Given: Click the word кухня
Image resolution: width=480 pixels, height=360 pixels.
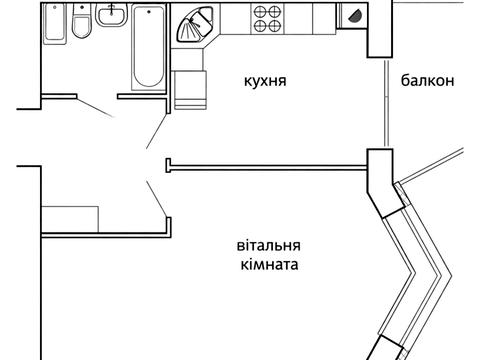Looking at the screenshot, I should click(266, 81).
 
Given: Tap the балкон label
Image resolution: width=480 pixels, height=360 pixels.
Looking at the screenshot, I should click(429, 82).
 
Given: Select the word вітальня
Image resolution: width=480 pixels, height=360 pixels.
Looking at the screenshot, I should click(270, 246).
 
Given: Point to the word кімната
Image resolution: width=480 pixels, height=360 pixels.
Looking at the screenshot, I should click(269, 266).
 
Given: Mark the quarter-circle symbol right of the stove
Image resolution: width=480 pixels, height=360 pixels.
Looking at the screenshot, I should click(355, 14).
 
